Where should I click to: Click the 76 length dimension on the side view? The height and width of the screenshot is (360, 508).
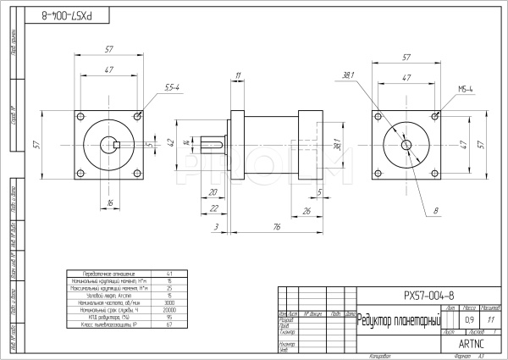point(278,226)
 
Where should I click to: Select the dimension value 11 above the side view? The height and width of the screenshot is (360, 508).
point(238,76)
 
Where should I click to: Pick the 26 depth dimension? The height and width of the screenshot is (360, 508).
point(306,210)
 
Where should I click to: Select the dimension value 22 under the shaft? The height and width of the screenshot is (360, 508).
point(214,208)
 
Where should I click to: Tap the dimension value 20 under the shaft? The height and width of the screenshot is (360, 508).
point(214,192)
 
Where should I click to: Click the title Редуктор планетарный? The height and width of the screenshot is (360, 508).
point(398,319)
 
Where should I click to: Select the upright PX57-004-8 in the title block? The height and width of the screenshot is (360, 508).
point(429,295)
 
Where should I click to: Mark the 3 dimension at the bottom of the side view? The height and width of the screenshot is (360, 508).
point(217,226)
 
